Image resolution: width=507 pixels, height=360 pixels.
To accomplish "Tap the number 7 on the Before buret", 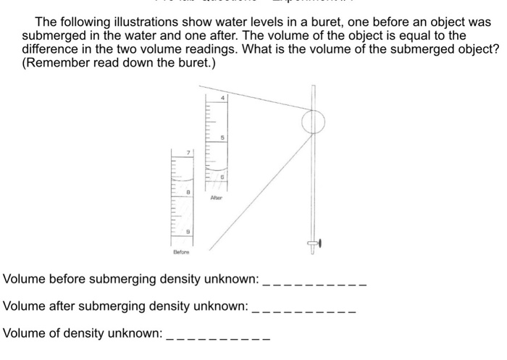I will coord(188,153).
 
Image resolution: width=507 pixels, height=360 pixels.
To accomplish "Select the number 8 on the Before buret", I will coord(188,192).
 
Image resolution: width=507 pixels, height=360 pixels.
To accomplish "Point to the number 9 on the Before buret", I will coord(188,231).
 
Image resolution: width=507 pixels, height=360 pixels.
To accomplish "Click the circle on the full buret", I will coord(313,122).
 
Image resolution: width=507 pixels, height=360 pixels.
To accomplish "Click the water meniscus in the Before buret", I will coord(183,179).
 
